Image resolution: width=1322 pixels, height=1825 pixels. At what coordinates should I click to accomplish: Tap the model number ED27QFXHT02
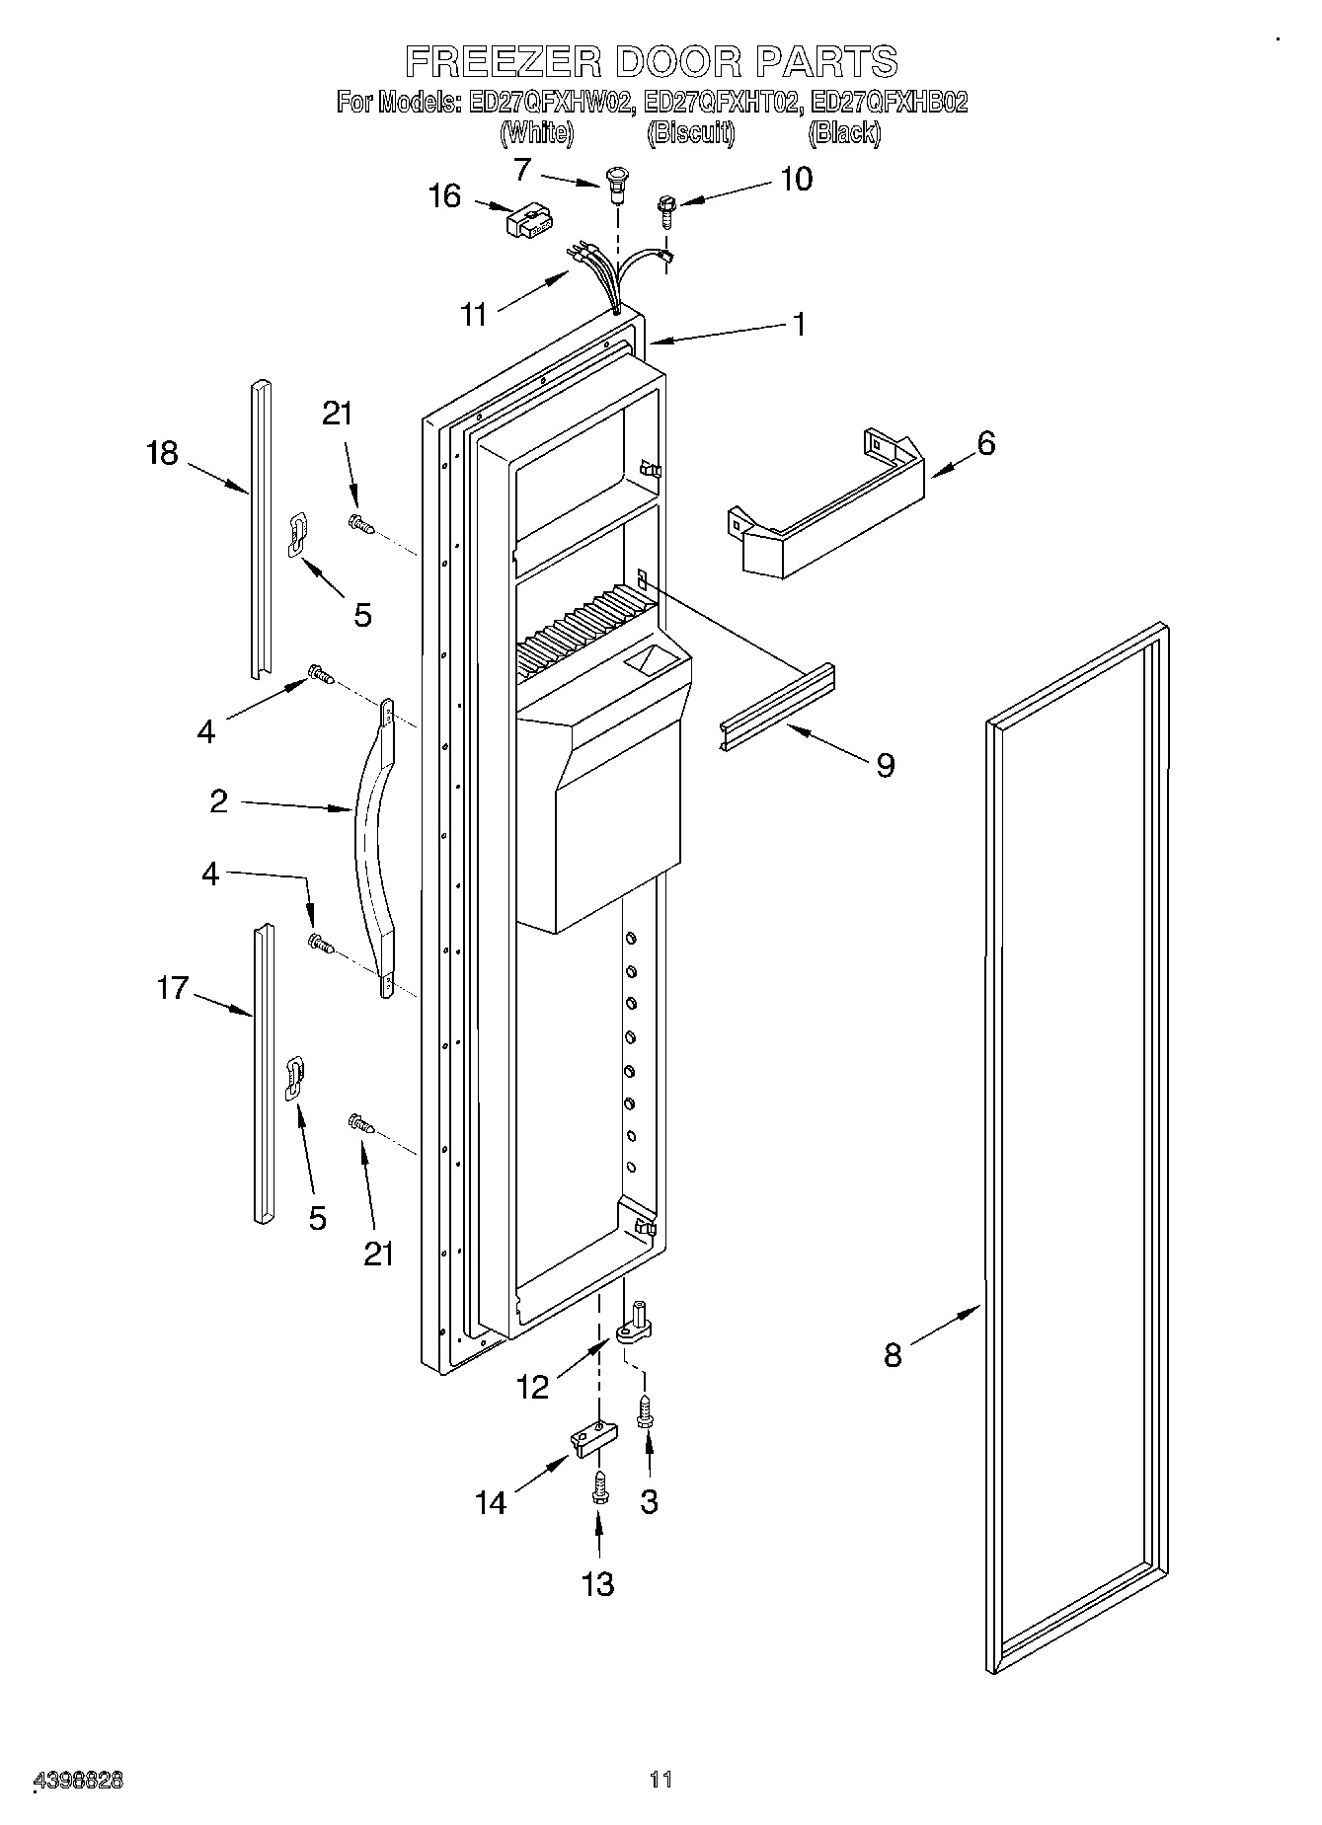pos(720,102)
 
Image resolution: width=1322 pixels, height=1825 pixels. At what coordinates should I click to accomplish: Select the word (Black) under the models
pos(843,132)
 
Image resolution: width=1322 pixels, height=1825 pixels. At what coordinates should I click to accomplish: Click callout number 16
pos(445,195)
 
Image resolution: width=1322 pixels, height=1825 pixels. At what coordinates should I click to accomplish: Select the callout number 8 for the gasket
pos(893,1355)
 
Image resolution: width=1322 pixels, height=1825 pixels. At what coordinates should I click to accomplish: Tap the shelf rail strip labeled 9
pos(775,707)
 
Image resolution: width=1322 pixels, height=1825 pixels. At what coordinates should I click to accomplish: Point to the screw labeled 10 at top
pos(665,210)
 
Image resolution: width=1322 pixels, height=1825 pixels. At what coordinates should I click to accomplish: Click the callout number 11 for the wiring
pos(475,314)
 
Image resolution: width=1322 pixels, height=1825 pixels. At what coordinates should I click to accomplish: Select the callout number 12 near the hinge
pos(532,1388)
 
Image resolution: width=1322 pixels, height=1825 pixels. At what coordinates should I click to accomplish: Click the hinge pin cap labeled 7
pos(618,182)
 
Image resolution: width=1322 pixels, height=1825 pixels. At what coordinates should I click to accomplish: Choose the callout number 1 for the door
pos(799,324)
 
